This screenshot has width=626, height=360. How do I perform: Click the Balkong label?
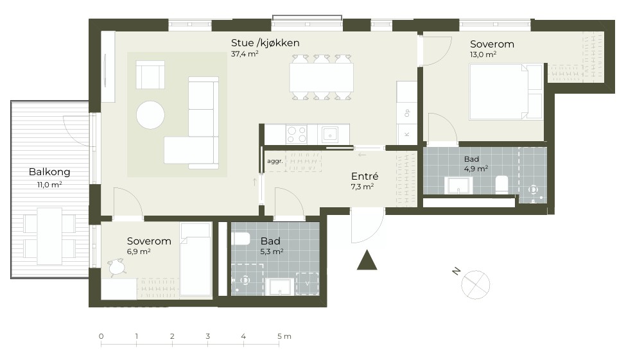49,172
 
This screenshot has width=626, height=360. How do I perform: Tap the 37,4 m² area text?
245,54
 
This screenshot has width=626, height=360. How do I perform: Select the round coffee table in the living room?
150,115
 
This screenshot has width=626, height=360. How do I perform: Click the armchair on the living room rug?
150,74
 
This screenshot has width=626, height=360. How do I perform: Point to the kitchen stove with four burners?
297,134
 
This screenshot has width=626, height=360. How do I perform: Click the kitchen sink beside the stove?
330,135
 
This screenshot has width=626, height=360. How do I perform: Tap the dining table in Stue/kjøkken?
322,77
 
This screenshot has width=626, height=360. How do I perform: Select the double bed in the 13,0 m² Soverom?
506,92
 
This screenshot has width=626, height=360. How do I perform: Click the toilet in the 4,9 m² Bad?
501,185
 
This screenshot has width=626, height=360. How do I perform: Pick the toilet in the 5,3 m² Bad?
241,239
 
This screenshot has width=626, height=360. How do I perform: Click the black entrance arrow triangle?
367,260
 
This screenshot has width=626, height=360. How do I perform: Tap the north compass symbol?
475,284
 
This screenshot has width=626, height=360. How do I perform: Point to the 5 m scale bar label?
284,336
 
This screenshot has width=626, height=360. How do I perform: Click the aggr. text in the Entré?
275,161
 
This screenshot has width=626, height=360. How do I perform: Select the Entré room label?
365,176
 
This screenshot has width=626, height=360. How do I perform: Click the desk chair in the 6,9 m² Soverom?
117,266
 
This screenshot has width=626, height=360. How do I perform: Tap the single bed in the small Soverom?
195,259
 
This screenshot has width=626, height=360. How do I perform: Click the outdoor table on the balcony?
49,236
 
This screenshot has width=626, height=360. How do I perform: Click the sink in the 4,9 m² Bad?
459,185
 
